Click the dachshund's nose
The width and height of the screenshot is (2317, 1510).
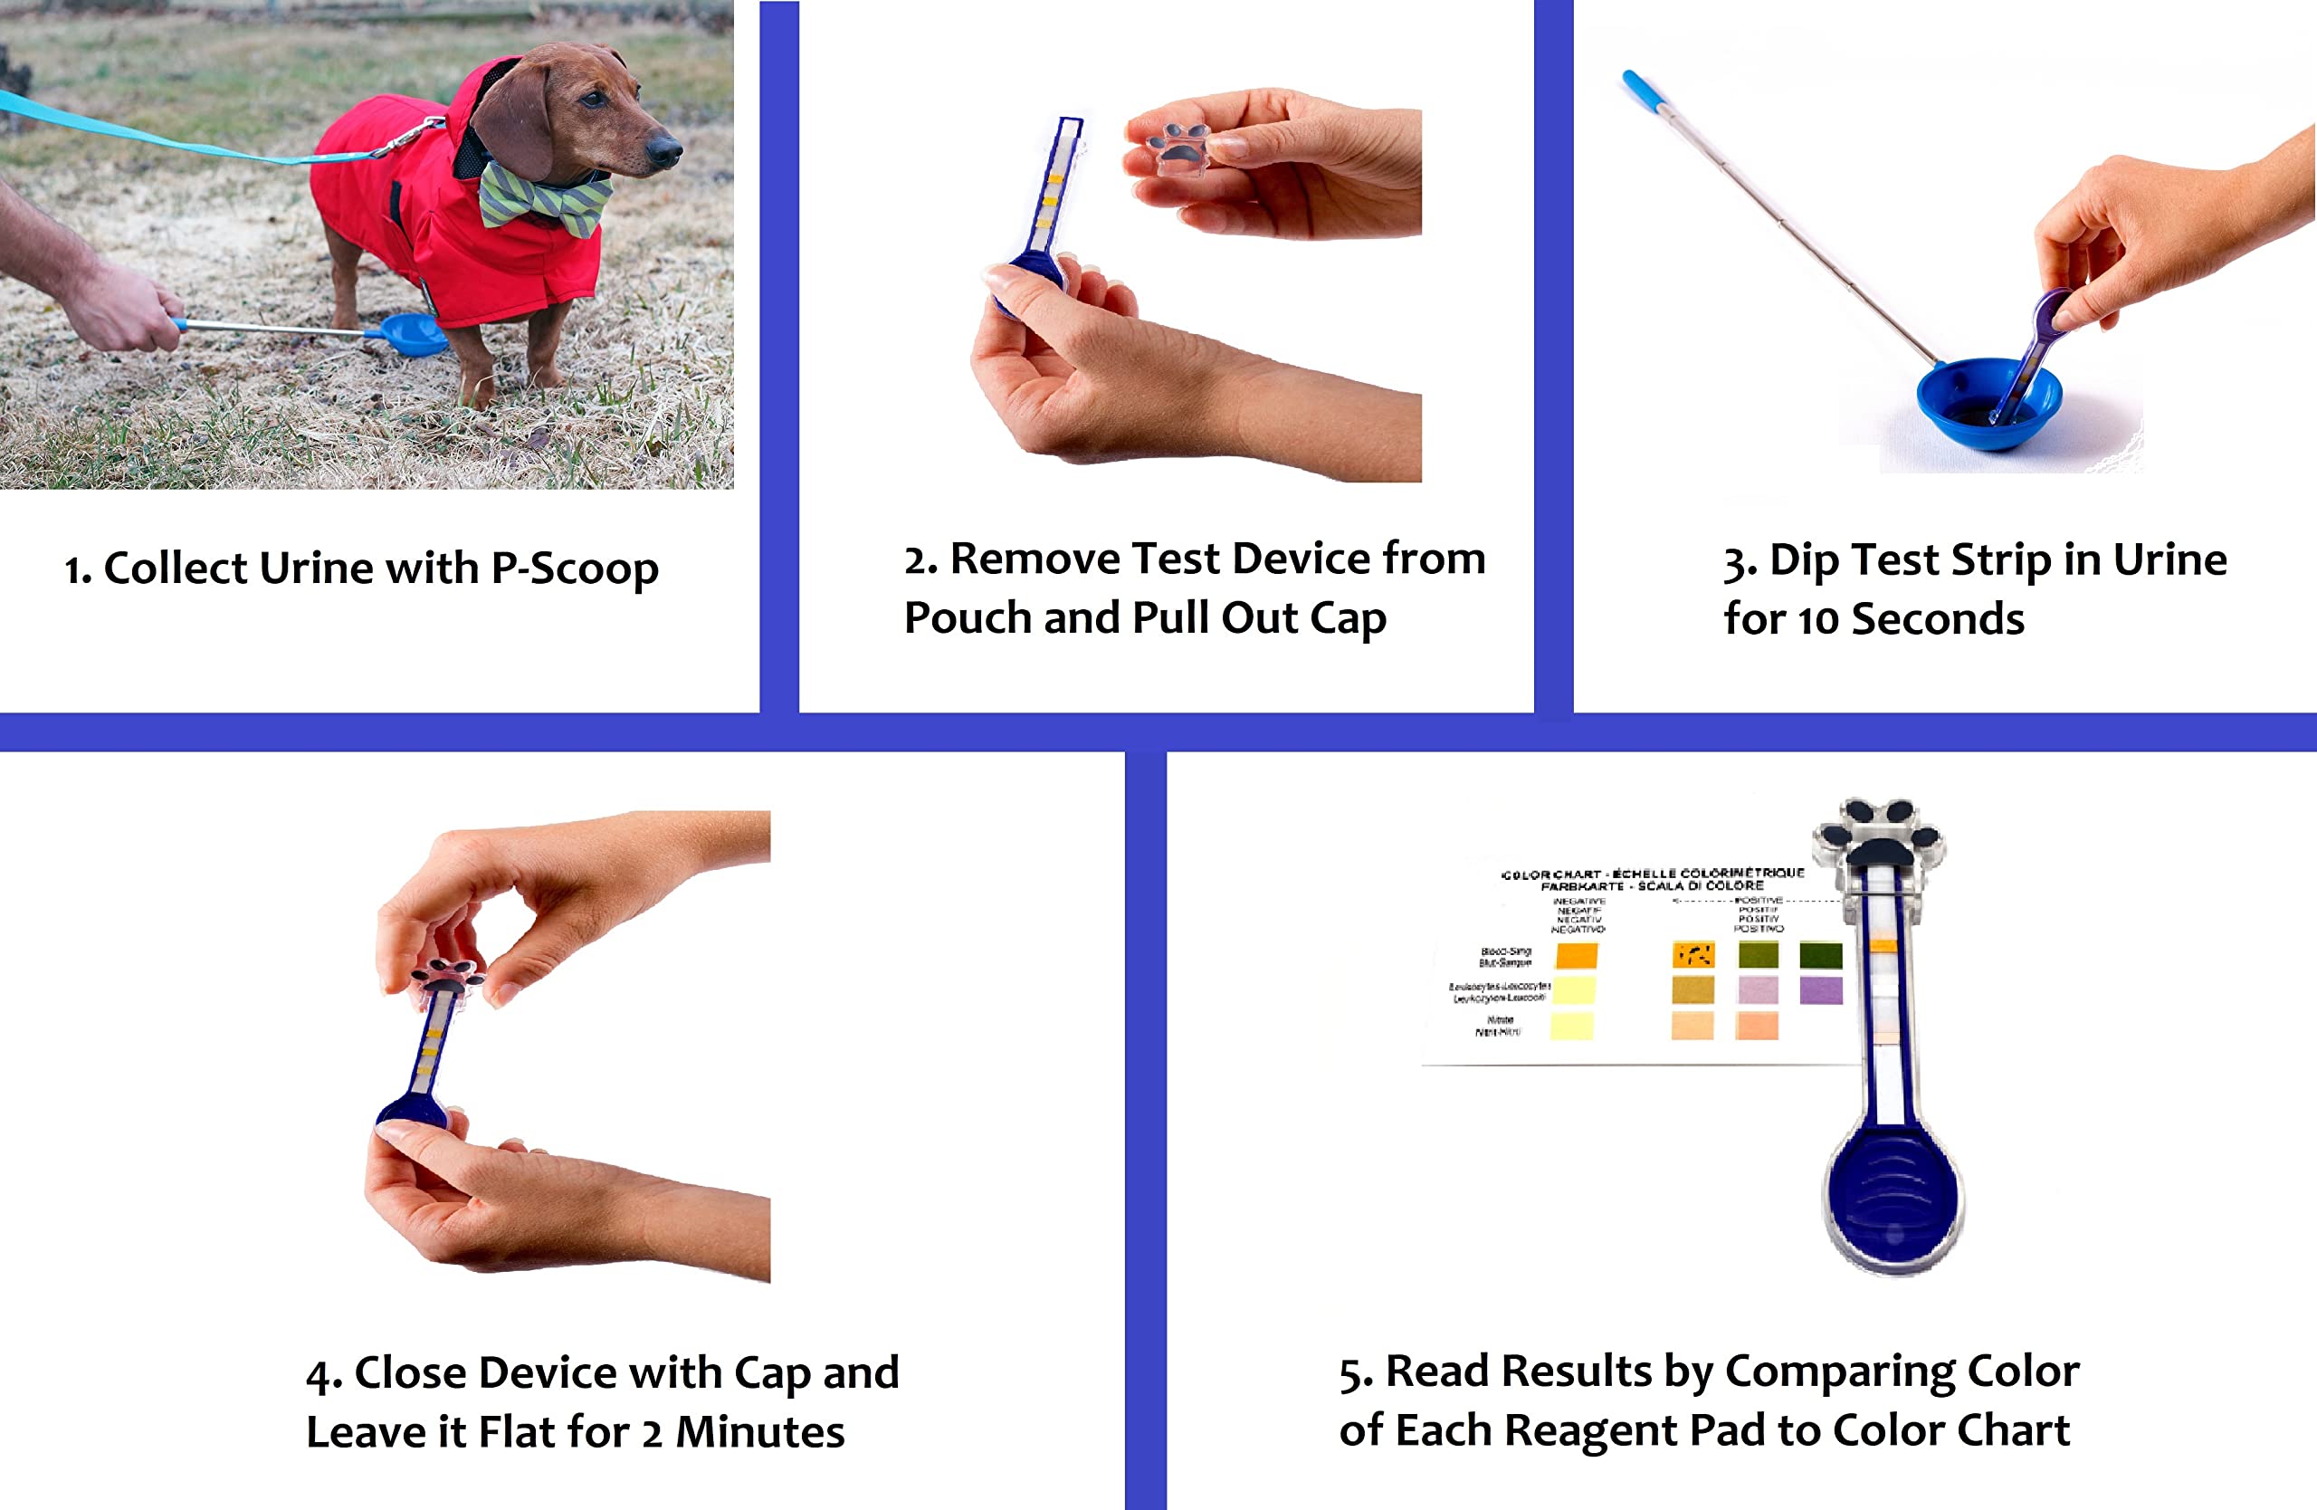pyautogui.click(x=666, y=150)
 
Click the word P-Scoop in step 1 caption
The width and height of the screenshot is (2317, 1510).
pyautogui.click(x=575, y=569)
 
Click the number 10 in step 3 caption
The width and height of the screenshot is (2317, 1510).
pyautogui.click(x=1818, y=620)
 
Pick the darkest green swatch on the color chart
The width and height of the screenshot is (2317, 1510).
pyautogui.click(x=1819, y=955)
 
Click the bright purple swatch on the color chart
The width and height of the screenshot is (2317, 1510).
pyautogui.click(x=1819, y=990)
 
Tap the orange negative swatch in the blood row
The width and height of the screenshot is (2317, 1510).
pyautogui.click(x=1575, y=955)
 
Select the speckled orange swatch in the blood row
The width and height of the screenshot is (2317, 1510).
pyautogui.click(x=1693, y=955)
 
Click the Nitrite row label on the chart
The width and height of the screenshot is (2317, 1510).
pyautogui.click(x=1498, y=1025)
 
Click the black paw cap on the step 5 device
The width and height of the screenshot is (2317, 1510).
pyautogui.click(x=1878, y=832)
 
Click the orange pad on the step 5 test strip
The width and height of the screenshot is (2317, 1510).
pyautogui.click(x=1883, y=945)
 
